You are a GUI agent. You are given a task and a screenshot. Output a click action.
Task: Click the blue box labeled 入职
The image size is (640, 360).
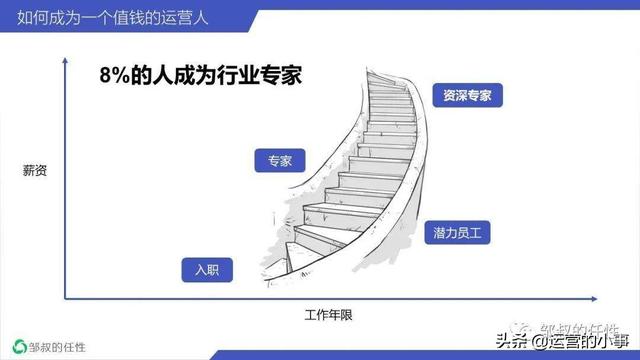point(207,270)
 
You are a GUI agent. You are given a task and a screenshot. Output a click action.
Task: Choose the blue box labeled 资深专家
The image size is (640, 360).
point(466,96)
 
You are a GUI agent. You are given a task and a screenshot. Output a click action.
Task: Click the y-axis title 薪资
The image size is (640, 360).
point(35,169)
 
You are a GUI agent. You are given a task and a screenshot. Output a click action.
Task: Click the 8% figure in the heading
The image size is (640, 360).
point(116,76)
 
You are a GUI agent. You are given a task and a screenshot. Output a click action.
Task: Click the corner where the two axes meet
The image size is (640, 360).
point(66,297)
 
